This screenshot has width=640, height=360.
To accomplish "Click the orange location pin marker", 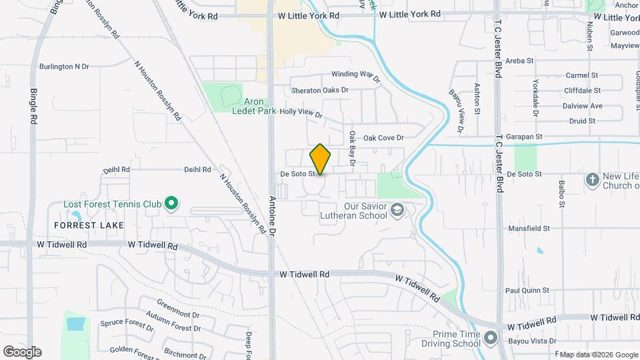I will (320, 159).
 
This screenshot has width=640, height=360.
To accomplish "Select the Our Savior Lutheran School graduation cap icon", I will (397, 211).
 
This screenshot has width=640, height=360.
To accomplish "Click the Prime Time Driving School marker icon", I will (491, 338).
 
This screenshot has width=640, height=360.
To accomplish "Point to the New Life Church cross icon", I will (592, 179).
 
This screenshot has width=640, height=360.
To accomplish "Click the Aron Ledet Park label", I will (254, 106).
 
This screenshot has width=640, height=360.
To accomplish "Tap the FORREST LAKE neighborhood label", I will (89, 225).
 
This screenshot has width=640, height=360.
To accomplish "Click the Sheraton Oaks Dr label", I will (320, 90).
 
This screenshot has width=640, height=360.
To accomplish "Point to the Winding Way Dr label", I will (355, 75).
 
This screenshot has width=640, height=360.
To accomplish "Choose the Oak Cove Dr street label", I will (383, 138).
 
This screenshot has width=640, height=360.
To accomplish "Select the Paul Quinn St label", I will (527, 290).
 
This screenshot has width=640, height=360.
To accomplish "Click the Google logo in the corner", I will (22, 351).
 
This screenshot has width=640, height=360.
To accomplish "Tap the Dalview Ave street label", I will (582, 105).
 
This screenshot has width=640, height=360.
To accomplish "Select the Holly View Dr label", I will (301, 113).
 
